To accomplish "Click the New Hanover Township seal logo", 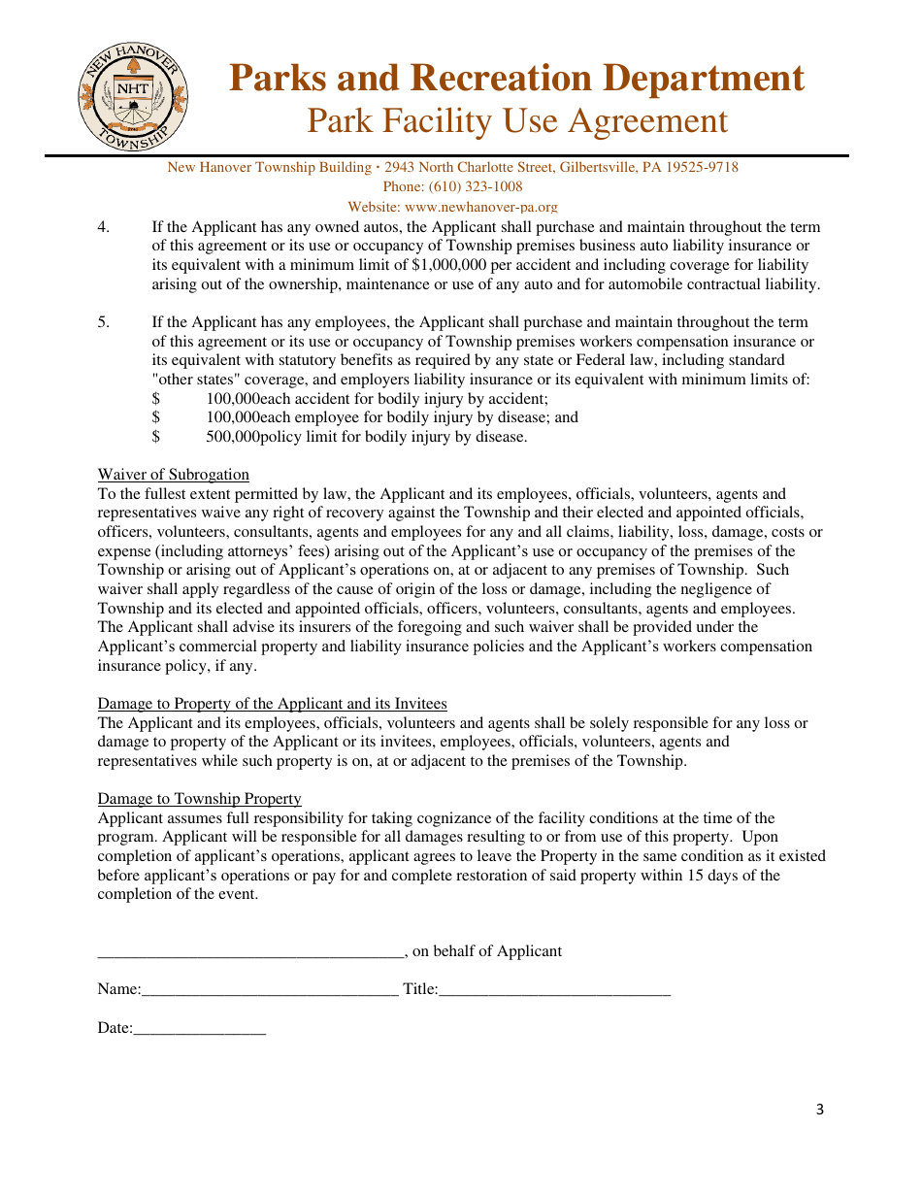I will pyautogui.click(x=133, y=98).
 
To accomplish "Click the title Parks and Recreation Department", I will pyautogui.click(x=516, y=78).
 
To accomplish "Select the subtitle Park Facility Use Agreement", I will pyautogui.click(x=516, y=121).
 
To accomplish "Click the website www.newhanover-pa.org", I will pyautogui.click(x=481, y=207).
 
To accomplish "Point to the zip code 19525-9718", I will pyautogui.click(x=698, y=167).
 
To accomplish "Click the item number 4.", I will pyautogui.click(x=103, y=227).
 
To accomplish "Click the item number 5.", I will pyautogui.click(x=103, y=322).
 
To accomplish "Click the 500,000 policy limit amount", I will pyautogui.click(x=233, y=437).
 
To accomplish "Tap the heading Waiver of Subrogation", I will pyautogui.click(x=173, y=475).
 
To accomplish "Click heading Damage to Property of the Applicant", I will pyautogui.click(x=272, y=704).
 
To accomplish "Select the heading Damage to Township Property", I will pyautogui.click(x=199, y=799).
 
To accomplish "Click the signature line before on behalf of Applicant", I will pyautogui.click(x=249, y=952).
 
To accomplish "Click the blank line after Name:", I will pyautogui.click(x=270, y=990).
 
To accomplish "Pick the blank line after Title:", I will pyautogui.click(x=554, y=990).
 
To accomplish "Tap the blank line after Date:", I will pyautogui.click(x=199, y=1028).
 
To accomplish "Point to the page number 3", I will pyautogui.click(x=819, y=1110).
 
